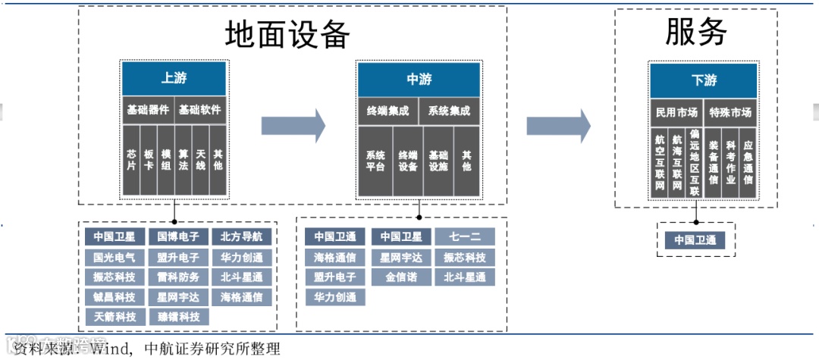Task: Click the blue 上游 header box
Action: pos(174,78)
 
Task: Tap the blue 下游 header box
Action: pos(703,80)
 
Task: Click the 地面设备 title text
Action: pos(288,34)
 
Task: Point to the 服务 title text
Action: pos(696,32)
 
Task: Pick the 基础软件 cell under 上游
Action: pos(200,111)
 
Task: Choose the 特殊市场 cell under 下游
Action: pos(730,113)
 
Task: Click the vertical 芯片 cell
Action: pos(131,159)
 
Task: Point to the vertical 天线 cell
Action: pos(200,159)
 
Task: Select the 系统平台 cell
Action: pos(375,161)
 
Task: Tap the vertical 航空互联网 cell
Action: pos(659,164)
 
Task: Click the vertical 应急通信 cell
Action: pos(748,164)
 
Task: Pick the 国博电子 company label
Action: pos(174,236)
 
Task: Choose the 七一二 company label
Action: pos(464,236)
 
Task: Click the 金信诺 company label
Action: pos(400,277)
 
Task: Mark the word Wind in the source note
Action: pos(109,349)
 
